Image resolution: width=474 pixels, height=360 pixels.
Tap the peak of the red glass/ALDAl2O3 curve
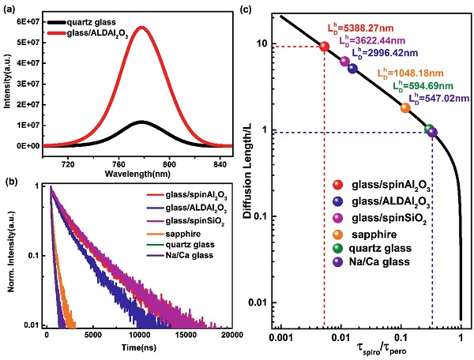(141, 28)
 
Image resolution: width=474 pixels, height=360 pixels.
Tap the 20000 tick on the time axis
(230, 336)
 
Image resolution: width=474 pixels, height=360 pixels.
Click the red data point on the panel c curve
(324, 47)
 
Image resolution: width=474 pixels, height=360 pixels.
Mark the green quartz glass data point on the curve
(429, 129)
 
